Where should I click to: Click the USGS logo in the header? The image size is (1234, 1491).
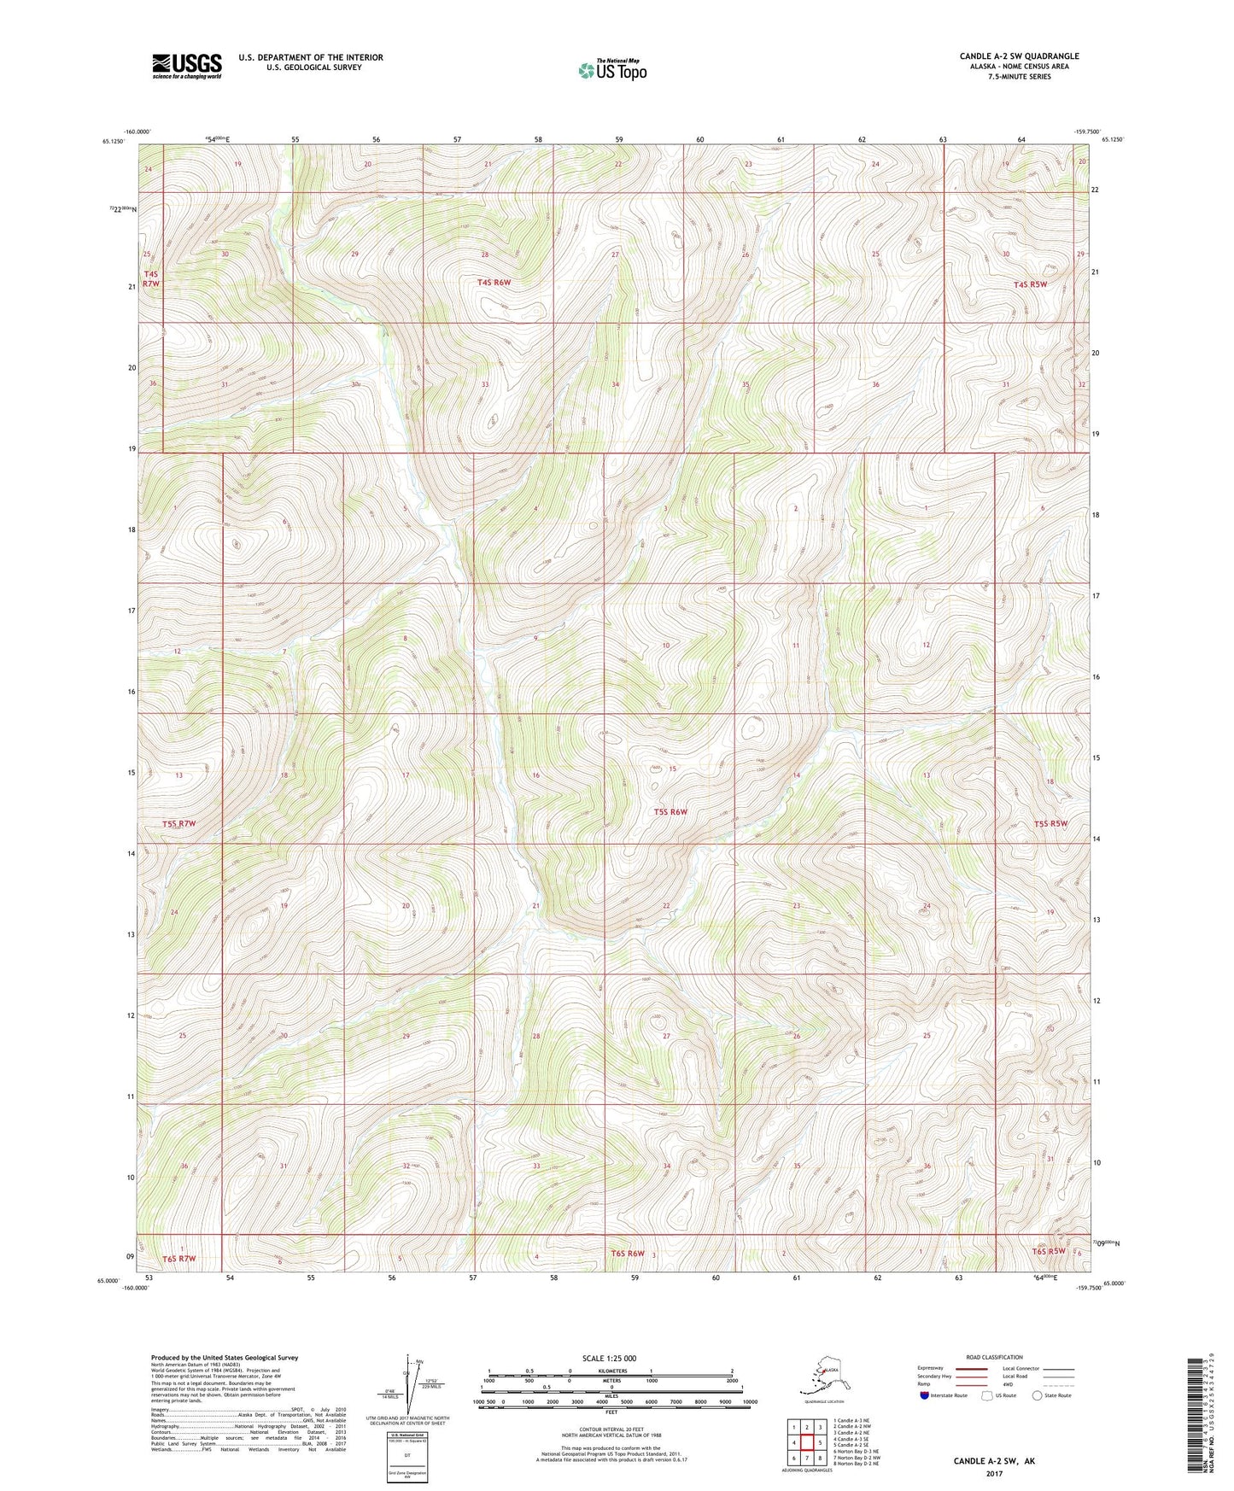(x=186, y=66)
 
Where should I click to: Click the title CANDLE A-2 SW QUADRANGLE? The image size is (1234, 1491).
(x=1018, y=56)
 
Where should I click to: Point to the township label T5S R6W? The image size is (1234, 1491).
(x=670, y=811)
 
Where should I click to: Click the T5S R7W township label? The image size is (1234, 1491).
(x=179, y=823)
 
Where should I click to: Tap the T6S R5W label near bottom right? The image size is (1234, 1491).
(x=1049, y=1251)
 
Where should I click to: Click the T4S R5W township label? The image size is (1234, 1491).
(x=1030, y=284)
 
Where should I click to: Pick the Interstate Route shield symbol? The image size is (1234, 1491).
(x=924, y=1396)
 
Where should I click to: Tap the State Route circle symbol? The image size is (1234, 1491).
(x=1038, y=1396)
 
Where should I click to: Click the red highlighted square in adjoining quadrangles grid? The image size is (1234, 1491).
(x=806, y=1442)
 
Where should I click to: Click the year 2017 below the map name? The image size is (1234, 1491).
(x=994, y=1473)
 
